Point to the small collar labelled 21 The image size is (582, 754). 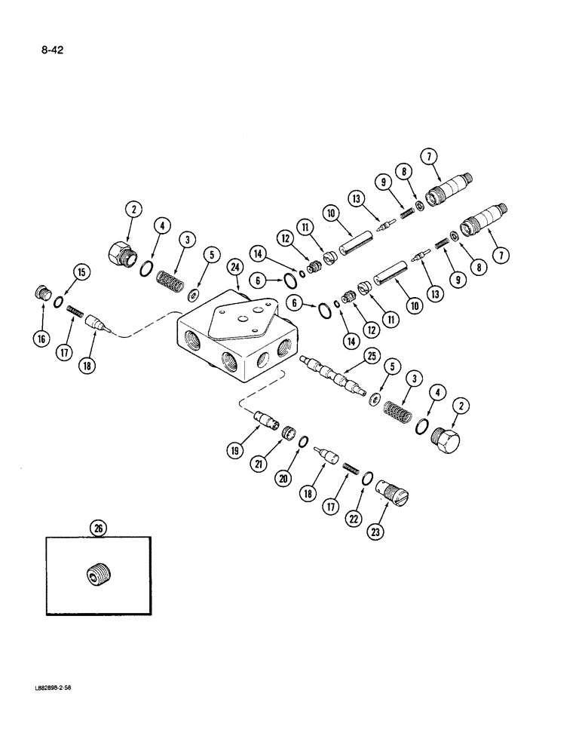(x=287, y=435)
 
